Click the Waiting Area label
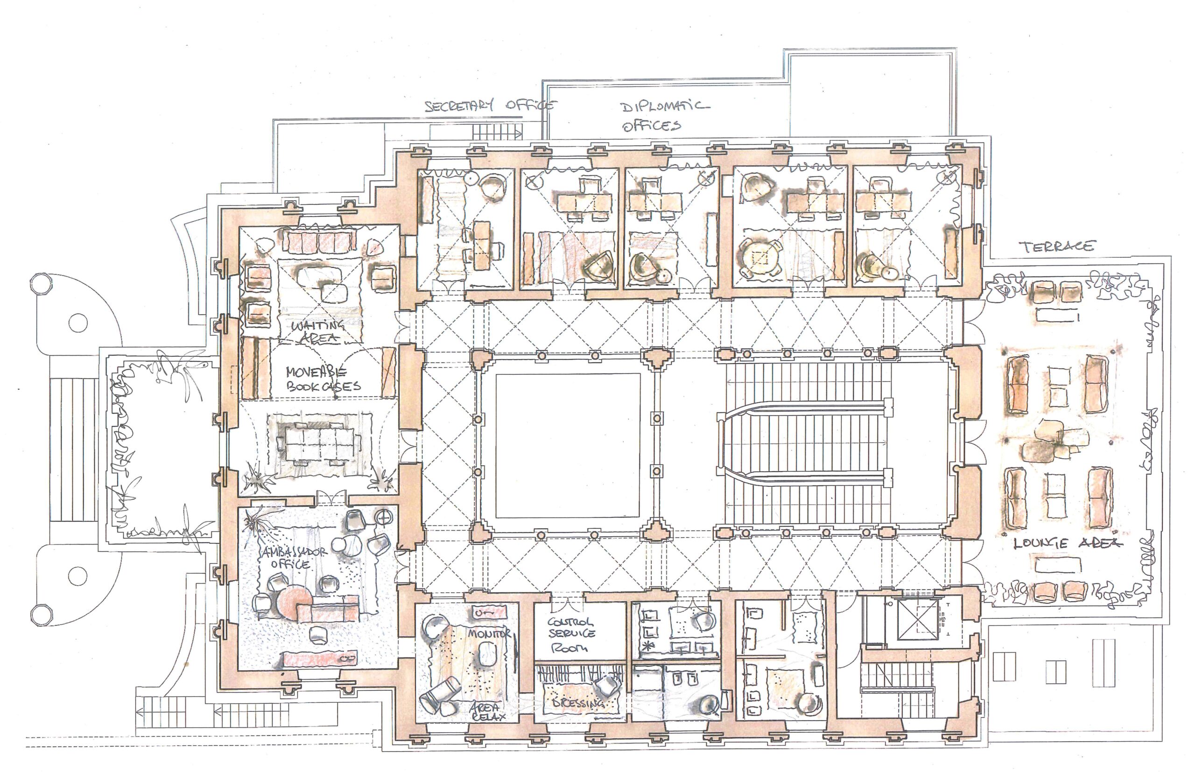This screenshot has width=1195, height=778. (x=317, y=332)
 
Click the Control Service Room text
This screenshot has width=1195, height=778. (x=571, y=634)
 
